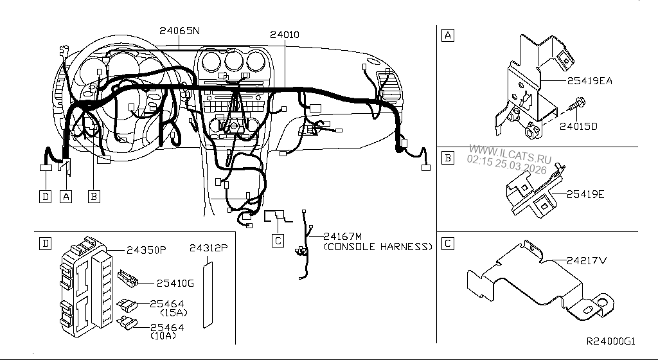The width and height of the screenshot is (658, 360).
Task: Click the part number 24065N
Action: [180, 30]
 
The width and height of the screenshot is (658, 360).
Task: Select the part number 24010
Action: [283, 34]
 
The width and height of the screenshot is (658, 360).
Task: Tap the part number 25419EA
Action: [589, 82]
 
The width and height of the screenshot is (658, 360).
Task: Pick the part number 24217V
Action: [587, 260]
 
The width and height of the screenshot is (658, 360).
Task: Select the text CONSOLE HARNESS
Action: [377, 246]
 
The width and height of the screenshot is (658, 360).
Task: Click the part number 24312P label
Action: [208, 248]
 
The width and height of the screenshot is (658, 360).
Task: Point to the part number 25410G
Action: [173, 282]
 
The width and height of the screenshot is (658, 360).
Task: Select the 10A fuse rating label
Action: [165, 336]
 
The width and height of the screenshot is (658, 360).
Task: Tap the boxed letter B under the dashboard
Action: [94, 197]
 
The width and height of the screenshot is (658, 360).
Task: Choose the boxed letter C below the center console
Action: [278, 241]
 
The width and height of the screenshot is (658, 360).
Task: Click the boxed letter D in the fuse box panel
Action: [44, 244]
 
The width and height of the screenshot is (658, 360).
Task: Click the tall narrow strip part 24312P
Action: [208, 293]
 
